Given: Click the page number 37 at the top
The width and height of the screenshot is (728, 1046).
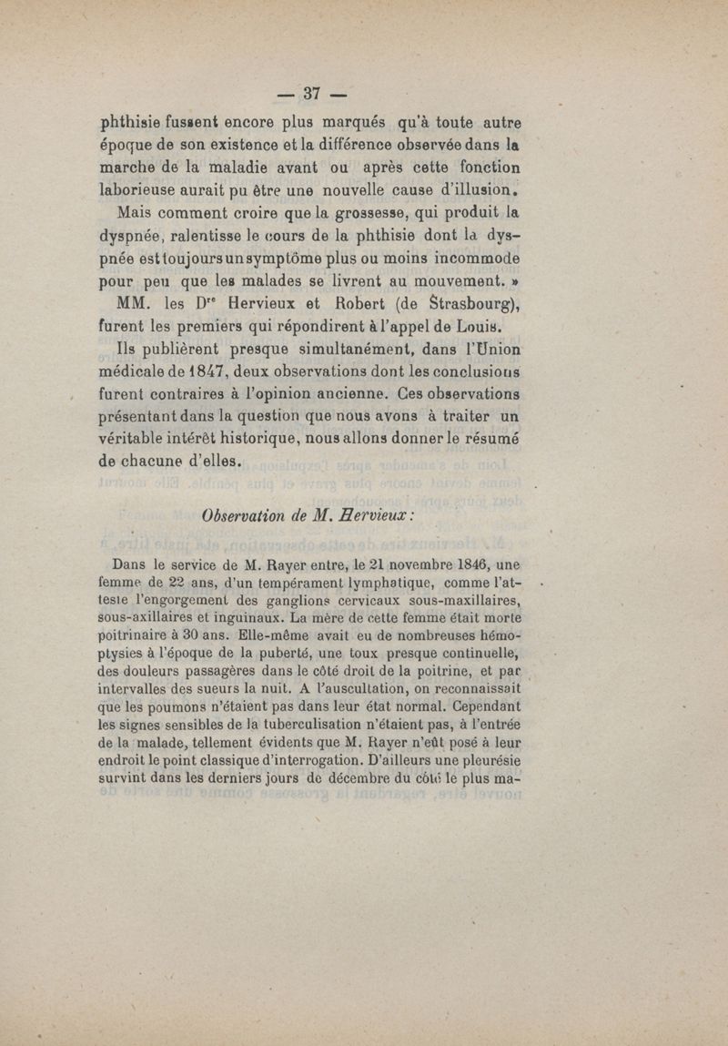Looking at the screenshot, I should coord(313,93).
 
